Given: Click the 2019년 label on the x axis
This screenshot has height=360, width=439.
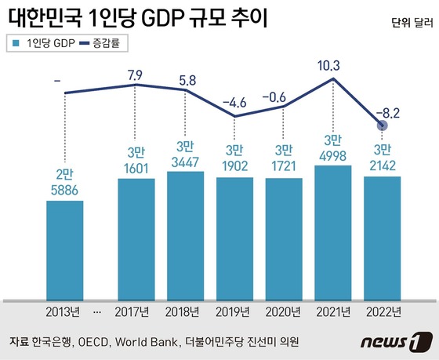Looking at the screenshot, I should click(235, 311).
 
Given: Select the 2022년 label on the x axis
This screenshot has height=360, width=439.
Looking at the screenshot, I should click(383, 311).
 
